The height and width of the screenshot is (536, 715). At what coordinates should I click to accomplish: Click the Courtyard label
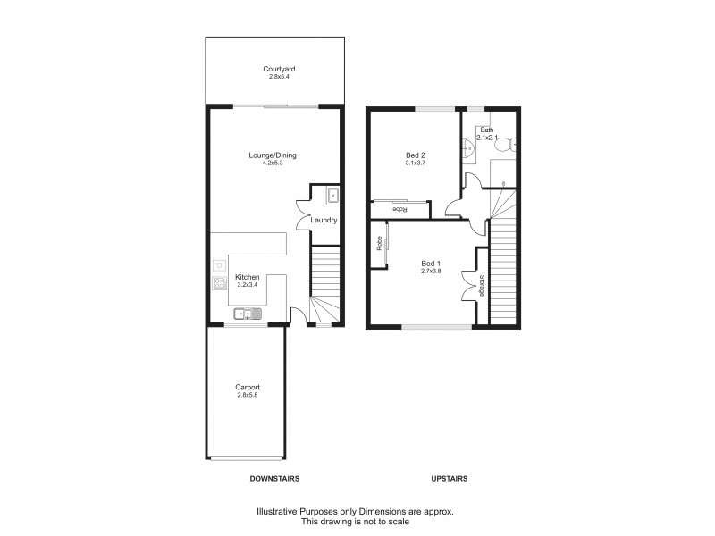(x=273, y=69)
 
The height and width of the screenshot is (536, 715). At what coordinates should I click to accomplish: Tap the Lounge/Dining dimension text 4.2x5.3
(x=273, y=163)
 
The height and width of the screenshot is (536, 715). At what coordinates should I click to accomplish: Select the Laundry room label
(x=324, y=220)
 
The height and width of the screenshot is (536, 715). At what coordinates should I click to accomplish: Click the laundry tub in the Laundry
(x=332, y=195)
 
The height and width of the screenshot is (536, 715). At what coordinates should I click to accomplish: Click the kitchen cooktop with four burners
(x=219, y=284)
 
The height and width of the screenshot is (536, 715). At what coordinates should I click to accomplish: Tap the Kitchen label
(x=247, y=277)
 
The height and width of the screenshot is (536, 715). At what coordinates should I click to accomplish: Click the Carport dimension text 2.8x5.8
(x=248, y=395)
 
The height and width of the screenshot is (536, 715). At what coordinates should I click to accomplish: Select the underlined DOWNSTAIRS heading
(x=273, y=479)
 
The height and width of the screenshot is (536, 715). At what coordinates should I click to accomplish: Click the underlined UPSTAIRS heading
(x=449, y=479)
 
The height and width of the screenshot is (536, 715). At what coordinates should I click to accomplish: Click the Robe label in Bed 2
(x=400, y=210)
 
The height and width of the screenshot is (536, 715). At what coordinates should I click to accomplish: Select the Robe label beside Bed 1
(x=380, y=242)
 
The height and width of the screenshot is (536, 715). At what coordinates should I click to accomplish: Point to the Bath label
(x=486, y=130)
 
